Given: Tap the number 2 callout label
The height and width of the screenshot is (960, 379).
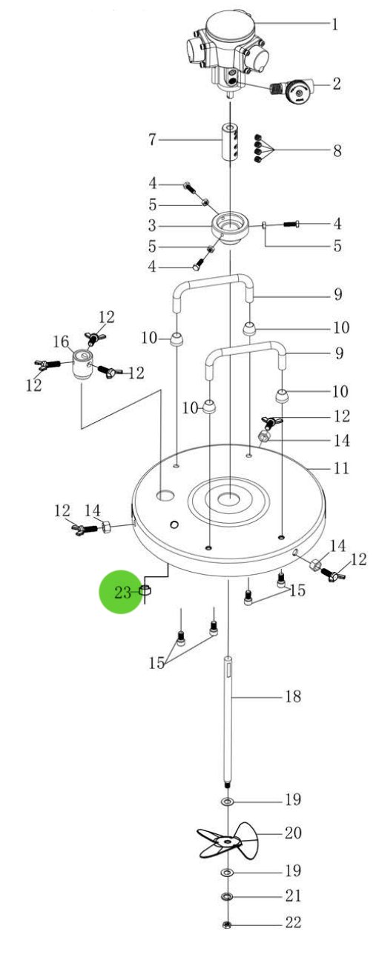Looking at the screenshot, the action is click(337, 84).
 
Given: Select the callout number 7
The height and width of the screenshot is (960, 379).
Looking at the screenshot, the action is click(152, 140).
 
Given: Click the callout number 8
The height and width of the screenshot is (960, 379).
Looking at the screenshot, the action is click(337, 150).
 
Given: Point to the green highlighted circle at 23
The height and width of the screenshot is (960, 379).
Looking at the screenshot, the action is click(121, 592).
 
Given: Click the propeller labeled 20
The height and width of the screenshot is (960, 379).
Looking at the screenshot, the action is click(228, 842).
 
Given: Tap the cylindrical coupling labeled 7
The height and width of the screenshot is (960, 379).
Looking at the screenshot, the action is click(229, 142).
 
